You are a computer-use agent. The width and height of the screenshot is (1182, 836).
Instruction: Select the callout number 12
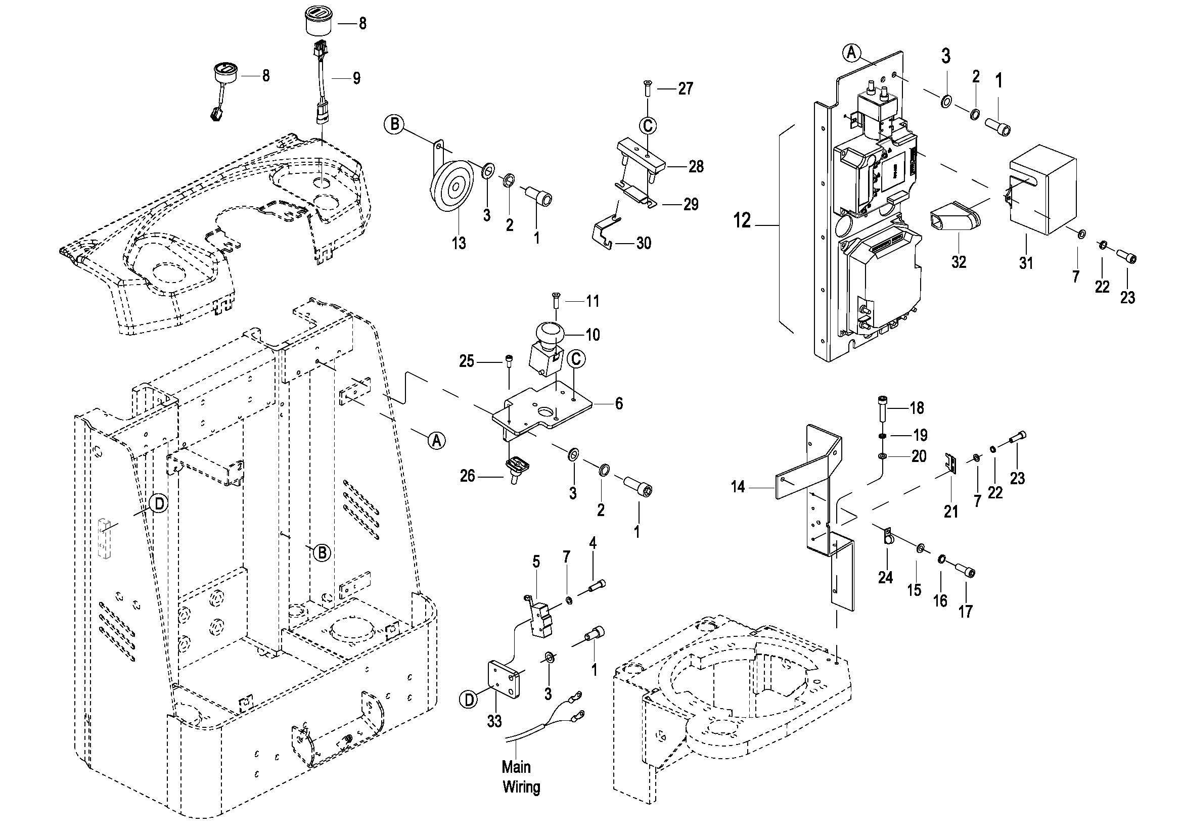click(x=742, y=220)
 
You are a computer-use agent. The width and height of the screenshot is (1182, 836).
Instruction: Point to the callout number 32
click(x=959, y=262)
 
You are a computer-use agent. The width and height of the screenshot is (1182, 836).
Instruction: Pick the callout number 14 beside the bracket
click(x=738, y=486)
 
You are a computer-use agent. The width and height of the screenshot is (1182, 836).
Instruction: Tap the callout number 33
click(x=494, y=721)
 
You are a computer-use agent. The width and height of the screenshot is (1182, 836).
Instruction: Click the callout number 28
click(x=696, y=166)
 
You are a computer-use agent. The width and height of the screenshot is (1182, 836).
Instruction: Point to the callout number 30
click(x=644, y=243)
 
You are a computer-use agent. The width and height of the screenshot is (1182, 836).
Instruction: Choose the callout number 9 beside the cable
click(x=356, y=78)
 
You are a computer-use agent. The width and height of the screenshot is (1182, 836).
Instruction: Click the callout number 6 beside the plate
click(x=619, y=403)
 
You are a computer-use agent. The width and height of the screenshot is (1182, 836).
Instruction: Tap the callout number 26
click(x=467, y=476)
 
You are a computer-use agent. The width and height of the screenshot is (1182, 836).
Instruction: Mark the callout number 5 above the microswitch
click(x=536, y=562)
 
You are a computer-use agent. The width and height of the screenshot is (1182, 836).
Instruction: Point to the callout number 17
click(x=965, y=612)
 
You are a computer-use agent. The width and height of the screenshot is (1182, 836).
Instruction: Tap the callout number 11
click(x=593, y=301)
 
